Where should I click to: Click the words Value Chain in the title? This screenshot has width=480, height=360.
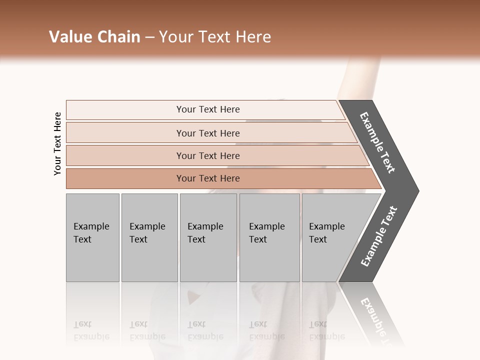click(x=94, y=37)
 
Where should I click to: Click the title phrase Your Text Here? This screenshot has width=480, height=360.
click(x=215, y=37)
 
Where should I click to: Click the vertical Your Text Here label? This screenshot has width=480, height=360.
click(x=57, y=144)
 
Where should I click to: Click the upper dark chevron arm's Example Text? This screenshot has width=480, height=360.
click(x=377, y=142)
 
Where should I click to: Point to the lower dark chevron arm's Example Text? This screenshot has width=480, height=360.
click(x=378, y=236)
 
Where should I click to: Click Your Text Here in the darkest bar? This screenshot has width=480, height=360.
click(x=208, y=178)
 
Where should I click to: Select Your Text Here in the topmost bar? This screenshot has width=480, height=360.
click(x=208, y=109)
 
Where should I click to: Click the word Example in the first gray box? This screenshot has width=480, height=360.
click(x=91, y=226)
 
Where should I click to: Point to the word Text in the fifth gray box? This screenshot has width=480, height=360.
click(x=317, y=239)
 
